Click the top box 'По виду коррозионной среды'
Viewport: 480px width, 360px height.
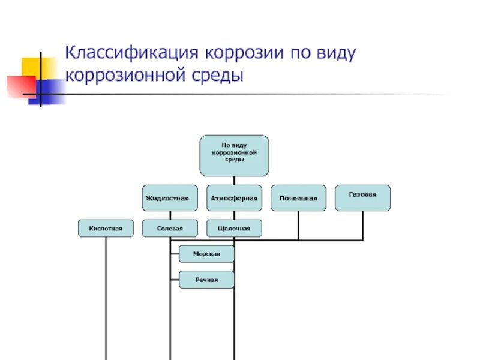point(234,155)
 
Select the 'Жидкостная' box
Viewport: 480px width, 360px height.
point(170,198)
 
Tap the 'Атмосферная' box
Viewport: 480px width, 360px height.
point(234,198)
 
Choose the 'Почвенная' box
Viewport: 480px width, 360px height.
point(298,198)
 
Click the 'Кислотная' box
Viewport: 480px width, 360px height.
point(106,228)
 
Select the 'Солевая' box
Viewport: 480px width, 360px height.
point(170,228)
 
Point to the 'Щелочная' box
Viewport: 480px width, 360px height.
point(234,228)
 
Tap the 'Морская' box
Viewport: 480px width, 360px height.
point(206,254)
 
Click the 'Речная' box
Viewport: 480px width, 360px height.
point(206,280)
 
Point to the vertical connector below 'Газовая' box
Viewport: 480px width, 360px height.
point(362,225)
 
